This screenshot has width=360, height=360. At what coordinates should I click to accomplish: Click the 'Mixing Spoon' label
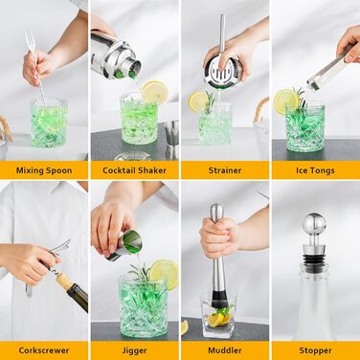44,170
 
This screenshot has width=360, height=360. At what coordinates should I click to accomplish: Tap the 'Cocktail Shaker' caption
134,170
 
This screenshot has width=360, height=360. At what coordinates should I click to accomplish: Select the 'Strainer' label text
225,170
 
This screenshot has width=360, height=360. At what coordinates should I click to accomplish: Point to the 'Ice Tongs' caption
315,170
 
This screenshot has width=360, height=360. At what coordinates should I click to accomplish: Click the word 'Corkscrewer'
44,350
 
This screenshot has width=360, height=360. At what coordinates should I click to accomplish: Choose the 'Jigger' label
134,350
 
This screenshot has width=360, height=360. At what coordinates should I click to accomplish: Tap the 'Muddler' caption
225,350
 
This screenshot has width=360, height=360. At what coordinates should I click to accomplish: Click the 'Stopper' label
315,350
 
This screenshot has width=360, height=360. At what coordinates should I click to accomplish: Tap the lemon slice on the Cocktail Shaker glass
155,92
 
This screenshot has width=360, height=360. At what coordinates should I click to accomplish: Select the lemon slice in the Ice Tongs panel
285,101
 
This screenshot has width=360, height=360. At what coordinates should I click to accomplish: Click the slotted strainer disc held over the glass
223,71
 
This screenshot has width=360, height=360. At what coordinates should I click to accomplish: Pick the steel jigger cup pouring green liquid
126,245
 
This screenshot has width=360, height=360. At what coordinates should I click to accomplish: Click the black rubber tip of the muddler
220,299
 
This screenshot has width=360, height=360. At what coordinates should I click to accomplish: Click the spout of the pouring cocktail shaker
133,70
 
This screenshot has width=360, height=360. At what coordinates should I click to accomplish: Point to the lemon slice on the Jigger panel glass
165,274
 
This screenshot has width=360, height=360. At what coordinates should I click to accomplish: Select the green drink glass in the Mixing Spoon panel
49,123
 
